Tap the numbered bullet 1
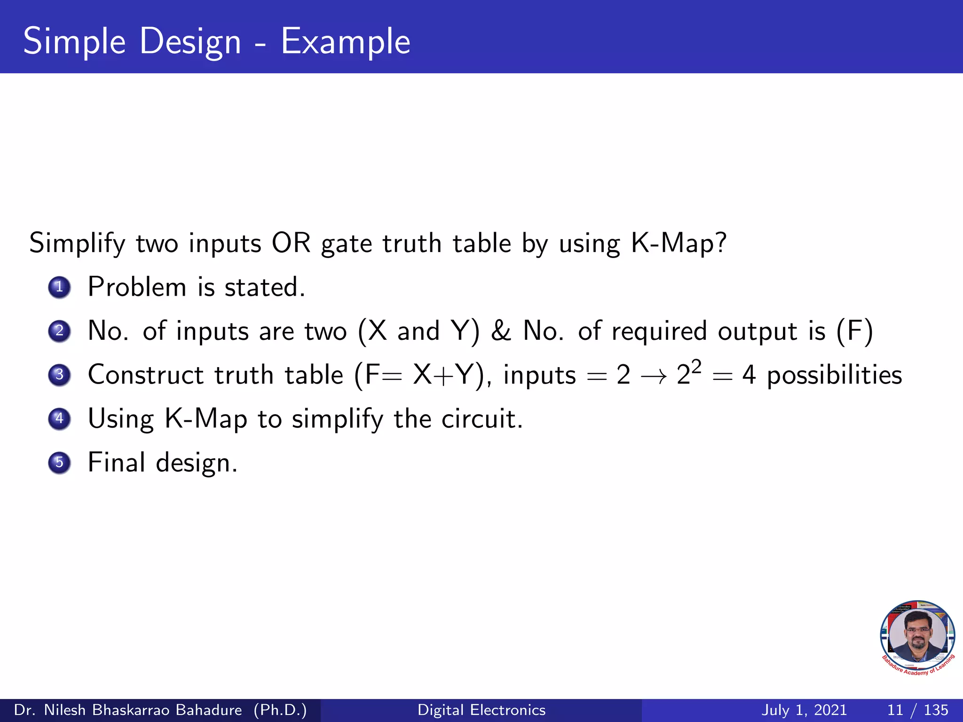[x=59, y=287]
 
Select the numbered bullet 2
[x=59, y=331]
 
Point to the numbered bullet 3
[x=59, y=375]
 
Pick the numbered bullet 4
[x=59, y=418]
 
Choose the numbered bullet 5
[x=59, y=463]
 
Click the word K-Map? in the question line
[x=679, y=243]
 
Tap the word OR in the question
[x=291, y=243]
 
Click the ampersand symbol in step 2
[x=501, y=331]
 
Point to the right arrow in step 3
[x=654, y=376]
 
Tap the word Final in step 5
[x=116, y=463]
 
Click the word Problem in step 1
[x=137, y=287]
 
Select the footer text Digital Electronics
[x=481, y=710]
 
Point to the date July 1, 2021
[x=804, y=710]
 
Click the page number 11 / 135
[x=917, y=710]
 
